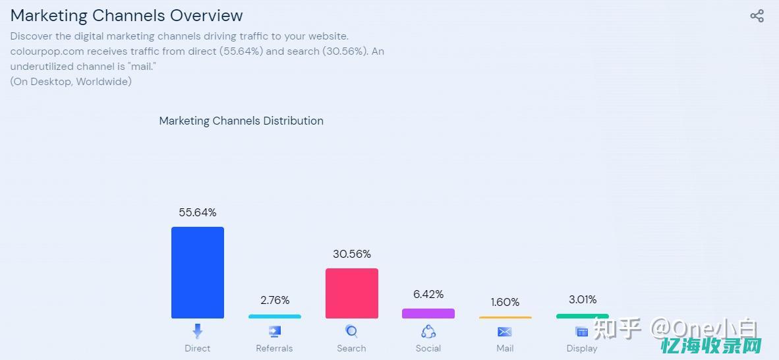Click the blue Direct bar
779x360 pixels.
(x=198, y=272)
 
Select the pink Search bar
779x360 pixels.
(x=352, y=293)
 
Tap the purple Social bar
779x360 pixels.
(x=428, y=313)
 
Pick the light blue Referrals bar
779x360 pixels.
(x=275, y=316)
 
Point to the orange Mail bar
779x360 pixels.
(x=505, y=318)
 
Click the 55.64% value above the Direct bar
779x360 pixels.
(x=198, y=212)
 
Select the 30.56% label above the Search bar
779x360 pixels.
(x=352, y=254)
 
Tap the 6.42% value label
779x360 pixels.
(x=428, y=294)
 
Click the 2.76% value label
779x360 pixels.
(x=275, y=300)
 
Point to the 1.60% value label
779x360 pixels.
(x=505, y=302)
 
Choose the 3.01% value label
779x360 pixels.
(x=583, y=299)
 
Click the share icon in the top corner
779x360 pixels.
(x=757, y=16)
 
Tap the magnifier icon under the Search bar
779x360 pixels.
(x=352, y=331)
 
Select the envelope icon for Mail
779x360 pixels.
(x=505, y=332)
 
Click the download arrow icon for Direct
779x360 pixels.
(x=198, y=331)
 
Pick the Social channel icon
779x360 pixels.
(x=428, y=331)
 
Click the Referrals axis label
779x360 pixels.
(x=275, y=348)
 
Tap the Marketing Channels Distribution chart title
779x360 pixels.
(x=241, y=121)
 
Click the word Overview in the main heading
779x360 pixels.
(x=206, y=15)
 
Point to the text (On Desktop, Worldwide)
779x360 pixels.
(x=71, y=81)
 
